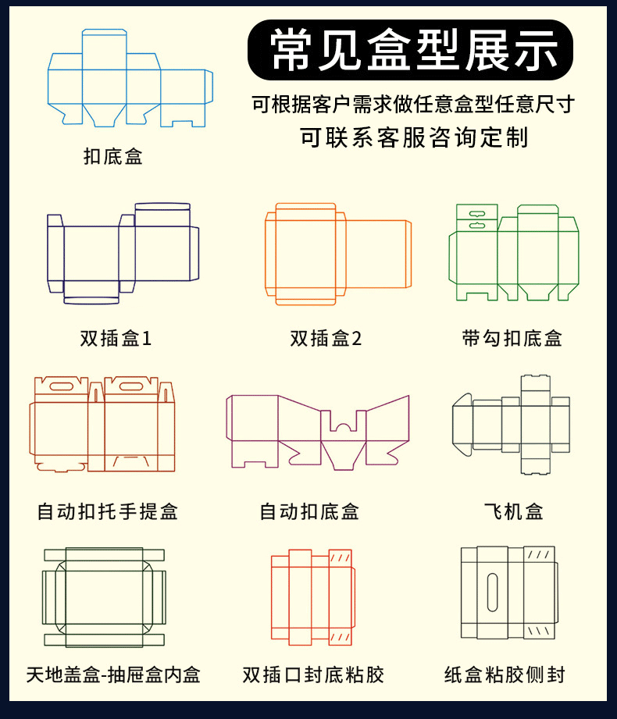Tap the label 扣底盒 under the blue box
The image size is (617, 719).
pos(113,157)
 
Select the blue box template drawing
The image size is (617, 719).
pos(130,79)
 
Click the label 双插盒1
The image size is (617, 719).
pos(116,338)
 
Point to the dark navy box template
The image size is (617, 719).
pos(122,254)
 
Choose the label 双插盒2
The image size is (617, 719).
pos(326,338)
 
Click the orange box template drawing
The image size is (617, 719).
pos(337,254)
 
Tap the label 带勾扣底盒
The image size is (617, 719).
pos(512,338)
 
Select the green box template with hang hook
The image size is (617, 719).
pos(513,253)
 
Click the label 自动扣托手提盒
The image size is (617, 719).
pos(108,511)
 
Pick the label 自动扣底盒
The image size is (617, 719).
pos(309,511)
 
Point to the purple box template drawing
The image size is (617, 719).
pos(318,431)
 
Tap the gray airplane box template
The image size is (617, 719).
pos(512,425)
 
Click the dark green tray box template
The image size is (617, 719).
pos(105,598)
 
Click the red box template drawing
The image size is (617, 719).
pos(312,597)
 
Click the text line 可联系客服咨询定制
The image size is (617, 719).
pos(414,137)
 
